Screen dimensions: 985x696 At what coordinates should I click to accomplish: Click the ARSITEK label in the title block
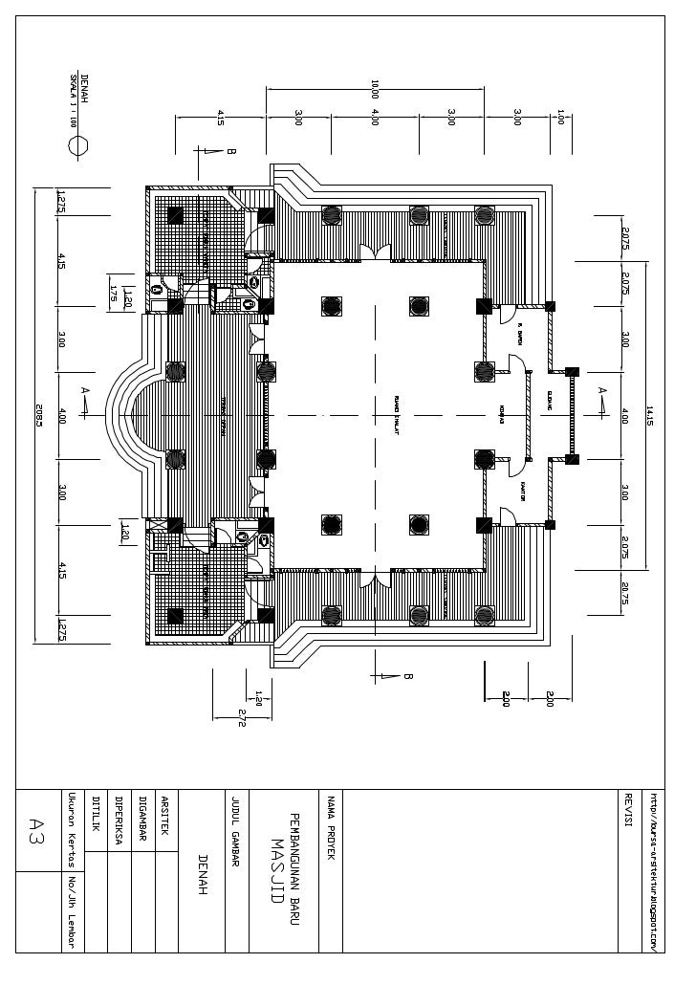(x=164, y=816)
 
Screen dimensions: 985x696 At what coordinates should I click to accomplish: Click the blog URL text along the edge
(x=654, y=870)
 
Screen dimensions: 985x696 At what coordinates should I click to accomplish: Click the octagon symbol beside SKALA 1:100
(x=79, y=146)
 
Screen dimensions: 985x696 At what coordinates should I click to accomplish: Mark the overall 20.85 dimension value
(x=39, y=415)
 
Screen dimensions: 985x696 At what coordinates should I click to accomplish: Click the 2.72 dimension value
(x=242, y=717)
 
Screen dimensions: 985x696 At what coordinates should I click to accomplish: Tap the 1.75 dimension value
(x=113, y=294)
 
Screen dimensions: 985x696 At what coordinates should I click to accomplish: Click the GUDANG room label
(x=550, y=398)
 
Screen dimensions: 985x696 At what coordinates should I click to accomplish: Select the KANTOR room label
(x=524, y=490)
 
